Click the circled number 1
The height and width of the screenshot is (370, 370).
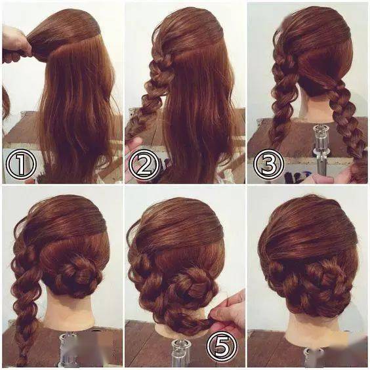click(x=21, y=164)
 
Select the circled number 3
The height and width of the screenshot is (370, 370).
click(x=268, y=163)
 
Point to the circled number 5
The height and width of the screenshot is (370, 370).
click(x=221, y=346)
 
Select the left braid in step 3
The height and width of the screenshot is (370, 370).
click(x=282, y=94)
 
